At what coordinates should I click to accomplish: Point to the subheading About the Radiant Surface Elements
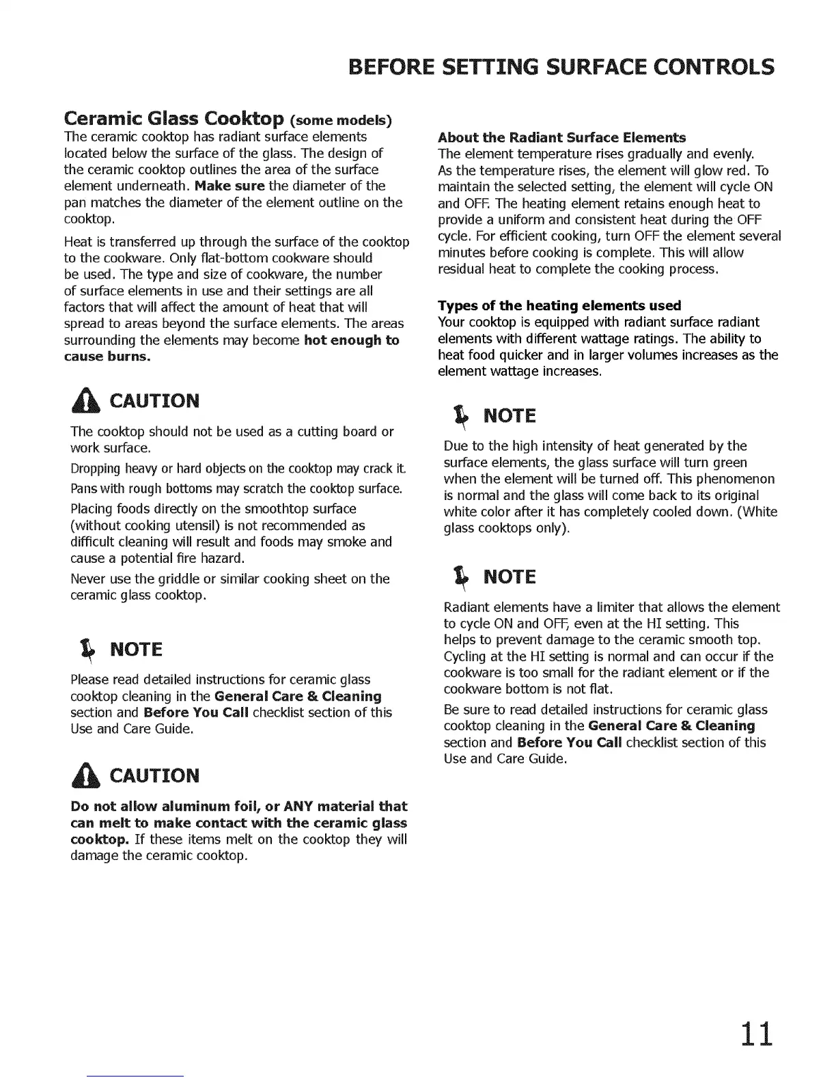tap(561, 137)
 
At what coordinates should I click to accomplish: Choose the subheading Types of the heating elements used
tap(559, 305)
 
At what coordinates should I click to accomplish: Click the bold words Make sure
tap(229, 186)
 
